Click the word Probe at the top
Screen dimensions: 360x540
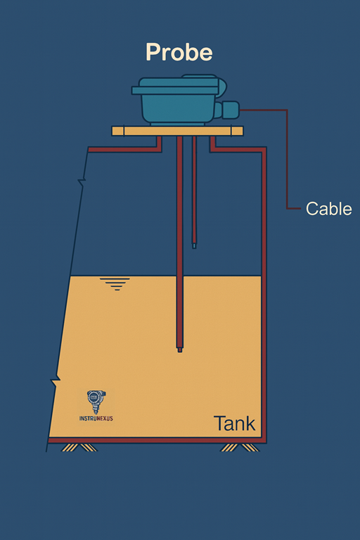(x=179, y=53)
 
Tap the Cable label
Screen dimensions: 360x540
(x=328, y=209)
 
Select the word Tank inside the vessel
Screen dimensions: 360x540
(x=234, y=423)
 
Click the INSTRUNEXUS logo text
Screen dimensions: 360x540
(x=96, y=418)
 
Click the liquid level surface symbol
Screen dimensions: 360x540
(x=115, y=284)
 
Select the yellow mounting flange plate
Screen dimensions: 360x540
(x=177, y=131)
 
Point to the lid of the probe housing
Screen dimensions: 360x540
(x=176, y=86)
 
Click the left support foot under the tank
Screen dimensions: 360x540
(x=79, y=447)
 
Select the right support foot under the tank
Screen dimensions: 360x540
(x=240, y=447)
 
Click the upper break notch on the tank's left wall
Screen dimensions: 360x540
(x=82, y=183)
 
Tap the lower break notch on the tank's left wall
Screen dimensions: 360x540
(x=56, y=382)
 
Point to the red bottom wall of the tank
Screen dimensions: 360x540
(x=157, y=440)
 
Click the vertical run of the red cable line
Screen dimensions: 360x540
(x=287, y=159)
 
